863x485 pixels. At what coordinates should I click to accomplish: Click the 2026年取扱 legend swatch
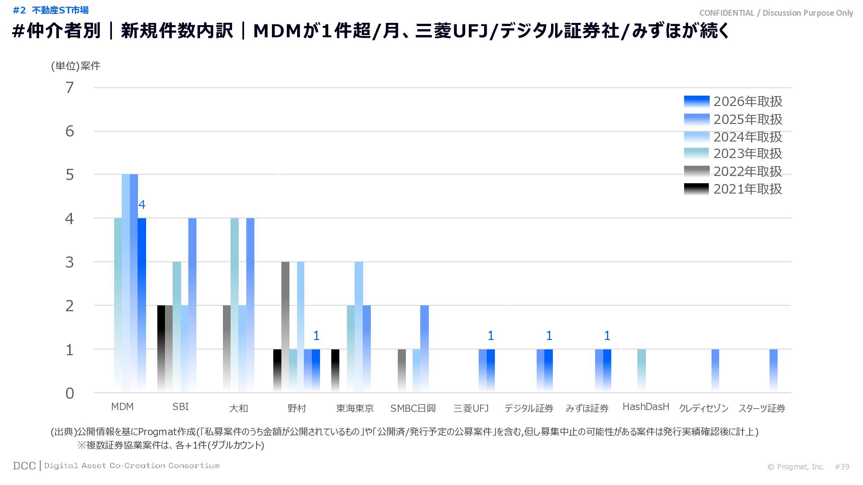click(x=696, y=101)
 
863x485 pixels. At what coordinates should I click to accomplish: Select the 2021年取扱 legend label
click(x=747, y=189)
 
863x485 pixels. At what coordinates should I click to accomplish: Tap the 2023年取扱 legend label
click(x=747, y=154)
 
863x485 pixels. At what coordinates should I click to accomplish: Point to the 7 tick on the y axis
click(x=69, y=88)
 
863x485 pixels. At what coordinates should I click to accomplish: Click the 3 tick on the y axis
click(x=69, y=262)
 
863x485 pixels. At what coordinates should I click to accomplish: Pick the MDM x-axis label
click(x=122, y=407)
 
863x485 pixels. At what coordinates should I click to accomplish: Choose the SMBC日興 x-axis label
click(x=413, y=408)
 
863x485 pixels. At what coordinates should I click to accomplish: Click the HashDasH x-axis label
click(x=645, y=407)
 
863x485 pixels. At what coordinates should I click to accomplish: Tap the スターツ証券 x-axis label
click(x=761, y=408)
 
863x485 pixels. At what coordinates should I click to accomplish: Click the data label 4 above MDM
click(x=142, y=205)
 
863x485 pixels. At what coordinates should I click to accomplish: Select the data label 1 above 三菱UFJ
click(x=490, y=335)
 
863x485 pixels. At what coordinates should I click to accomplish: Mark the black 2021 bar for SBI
click(x=161, y=348)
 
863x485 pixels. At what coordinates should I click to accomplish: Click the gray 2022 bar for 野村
click(x=285, y=326)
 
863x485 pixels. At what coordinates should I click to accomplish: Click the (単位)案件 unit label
click(x=76, y=66)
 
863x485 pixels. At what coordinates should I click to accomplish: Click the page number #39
click(x=842, y=467)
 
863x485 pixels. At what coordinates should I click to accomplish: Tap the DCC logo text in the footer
click(x=24, y=466)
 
